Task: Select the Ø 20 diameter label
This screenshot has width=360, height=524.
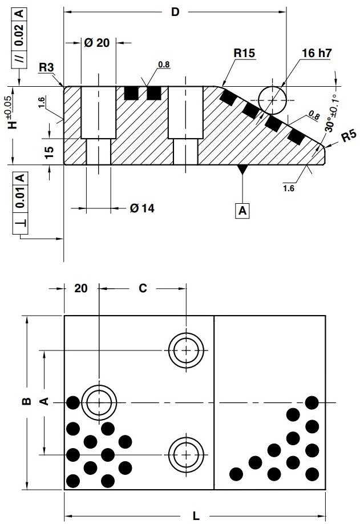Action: pyautogui.click(x=96, y=43)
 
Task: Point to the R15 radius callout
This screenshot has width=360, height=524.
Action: pyautogui.click(x=244, y=53)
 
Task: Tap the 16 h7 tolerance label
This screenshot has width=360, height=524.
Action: pyautogui.click(x=317, y=53)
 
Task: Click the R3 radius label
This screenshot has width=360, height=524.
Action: pyautogui.click(x=46, y=68)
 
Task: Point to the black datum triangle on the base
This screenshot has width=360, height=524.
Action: pyautogui.click(x=242, y=169)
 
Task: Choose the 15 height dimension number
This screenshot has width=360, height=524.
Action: pyautogui.click(x=50, y=151)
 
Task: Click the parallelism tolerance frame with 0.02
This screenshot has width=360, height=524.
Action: pyautogui.click(x=20, y=34)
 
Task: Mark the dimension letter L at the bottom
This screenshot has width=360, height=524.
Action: pyautogui.click(x=196, y=515)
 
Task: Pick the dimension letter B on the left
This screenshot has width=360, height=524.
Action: pyautogui.click(x=26, y=402)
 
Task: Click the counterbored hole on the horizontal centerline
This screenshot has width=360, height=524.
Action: pyautogui.click(x=99, y=402)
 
